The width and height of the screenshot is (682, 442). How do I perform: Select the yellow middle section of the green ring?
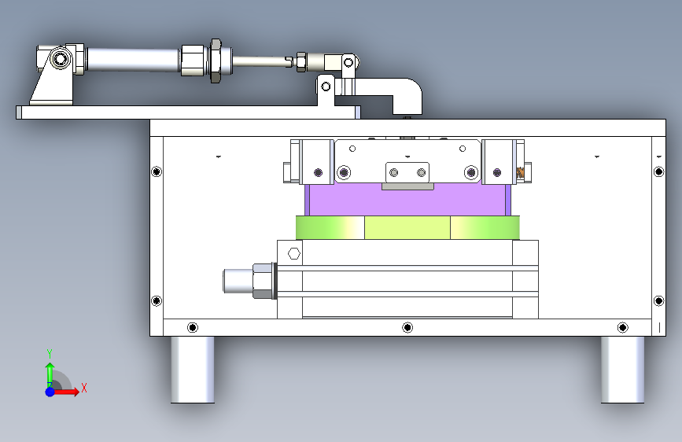407,227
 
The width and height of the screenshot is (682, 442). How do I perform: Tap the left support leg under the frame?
192,370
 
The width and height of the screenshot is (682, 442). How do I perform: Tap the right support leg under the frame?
622,370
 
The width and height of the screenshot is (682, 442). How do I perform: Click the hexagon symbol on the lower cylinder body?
294,253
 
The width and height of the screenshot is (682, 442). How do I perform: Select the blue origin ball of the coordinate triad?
50,392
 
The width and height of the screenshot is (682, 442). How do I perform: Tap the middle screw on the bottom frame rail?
407,327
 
